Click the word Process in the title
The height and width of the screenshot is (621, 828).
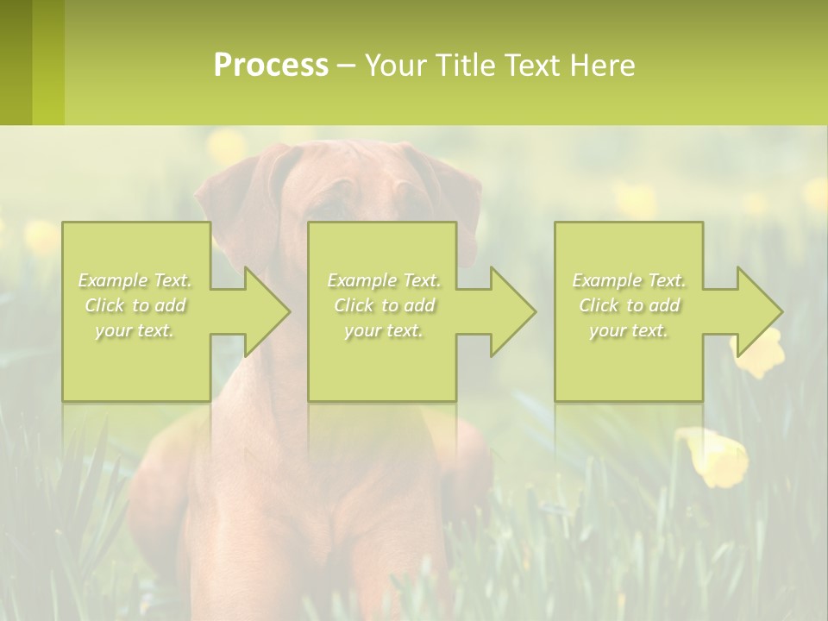click(271, 66)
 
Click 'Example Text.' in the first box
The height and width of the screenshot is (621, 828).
click(135, 280)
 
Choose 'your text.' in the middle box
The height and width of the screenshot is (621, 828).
click(384, 330)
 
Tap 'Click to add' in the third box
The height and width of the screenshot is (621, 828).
click(629, 305)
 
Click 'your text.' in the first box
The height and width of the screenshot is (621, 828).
click(135, 330)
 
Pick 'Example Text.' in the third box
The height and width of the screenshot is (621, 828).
click(629, 280)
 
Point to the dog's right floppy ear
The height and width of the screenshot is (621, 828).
click(457, 198)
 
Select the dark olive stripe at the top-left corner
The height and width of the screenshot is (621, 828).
click(16, 62)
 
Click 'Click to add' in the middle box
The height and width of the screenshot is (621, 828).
click(384, 305)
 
